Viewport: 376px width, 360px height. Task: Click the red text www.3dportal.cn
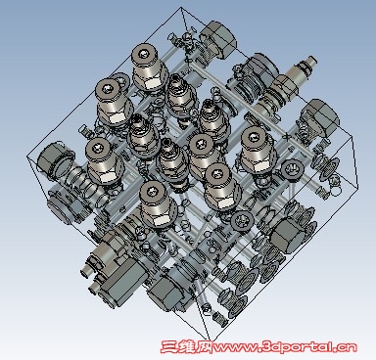285,347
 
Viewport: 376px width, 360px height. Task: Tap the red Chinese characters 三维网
187,346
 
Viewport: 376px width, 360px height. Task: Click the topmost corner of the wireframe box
181,8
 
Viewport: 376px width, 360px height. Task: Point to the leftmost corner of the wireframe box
27,157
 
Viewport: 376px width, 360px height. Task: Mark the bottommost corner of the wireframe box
209,339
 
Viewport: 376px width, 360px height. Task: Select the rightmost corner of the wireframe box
358,189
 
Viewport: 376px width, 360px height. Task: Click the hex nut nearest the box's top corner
218,39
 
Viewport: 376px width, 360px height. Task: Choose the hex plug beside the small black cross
320,118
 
